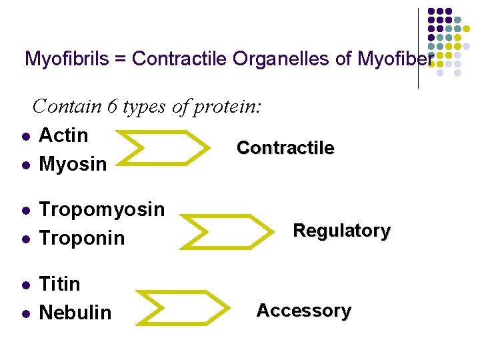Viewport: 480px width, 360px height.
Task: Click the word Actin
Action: pyautogui.click(x=63, y=135)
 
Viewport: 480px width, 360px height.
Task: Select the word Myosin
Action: pyautogui.click(x=73, y=163)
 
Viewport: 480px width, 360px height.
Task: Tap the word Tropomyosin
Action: pyautogui.click(x=101, y=209)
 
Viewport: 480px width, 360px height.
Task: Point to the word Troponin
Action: pyautogui.click(x=82, y=238)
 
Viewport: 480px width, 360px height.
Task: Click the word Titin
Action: pyautogui.click(x=59, y=284)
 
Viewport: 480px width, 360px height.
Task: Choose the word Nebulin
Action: pyautogui.click(x=75, y=313)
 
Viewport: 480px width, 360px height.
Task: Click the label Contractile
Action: pyautogui.click(x=285, y=148)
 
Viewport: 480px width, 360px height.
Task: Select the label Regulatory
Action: pyautogui.click(x=341, y=231)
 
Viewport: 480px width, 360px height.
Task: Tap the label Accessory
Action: pyautogui.click(x=303, y=311)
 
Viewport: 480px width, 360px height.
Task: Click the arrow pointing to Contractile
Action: pyautogui.click(x=167, y=147)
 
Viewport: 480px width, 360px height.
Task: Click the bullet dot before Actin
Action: pyautogui.click(x=24, y=137)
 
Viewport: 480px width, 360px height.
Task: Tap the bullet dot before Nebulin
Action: pyautogui.click(x=24, y=313)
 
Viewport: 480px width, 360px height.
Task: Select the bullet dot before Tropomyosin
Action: pyautogui.click(x=24, y=211)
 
